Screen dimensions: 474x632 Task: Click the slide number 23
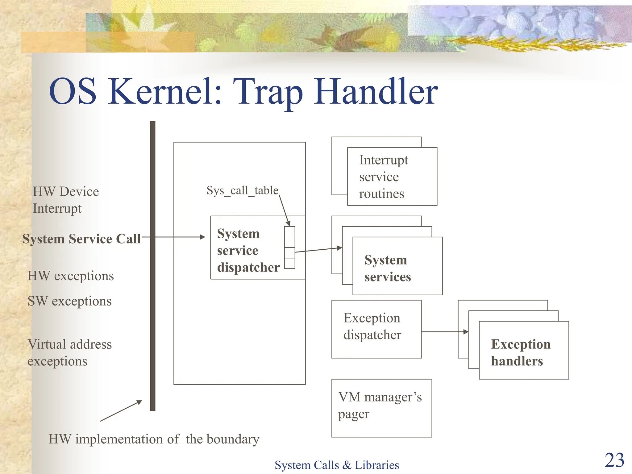point(614,460)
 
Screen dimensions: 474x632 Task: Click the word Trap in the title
point(268,92)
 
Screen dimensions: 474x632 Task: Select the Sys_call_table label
point(242,190)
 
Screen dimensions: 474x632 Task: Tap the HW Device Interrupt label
point(65,200)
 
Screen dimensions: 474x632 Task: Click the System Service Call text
point(81,239)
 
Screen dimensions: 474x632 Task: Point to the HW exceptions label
point(71,276)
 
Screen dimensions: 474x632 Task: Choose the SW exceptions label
point(69,301)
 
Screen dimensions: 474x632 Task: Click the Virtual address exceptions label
point(69,352)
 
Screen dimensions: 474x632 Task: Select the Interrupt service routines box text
point(384,177)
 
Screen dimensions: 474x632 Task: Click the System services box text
point(388,268)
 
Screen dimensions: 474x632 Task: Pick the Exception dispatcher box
point(376,329)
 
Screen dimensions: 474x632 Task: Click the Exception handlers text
point(521,352)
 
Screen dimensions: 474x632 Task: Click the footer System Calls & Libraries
point(337,465)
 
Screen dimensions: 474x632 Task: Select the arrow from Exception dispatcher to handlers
point(444,332)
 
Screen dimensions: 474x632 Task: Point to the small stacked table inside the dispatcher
point(289,247)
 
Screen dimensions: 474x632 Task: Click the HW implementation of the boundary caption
point(154,439)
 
